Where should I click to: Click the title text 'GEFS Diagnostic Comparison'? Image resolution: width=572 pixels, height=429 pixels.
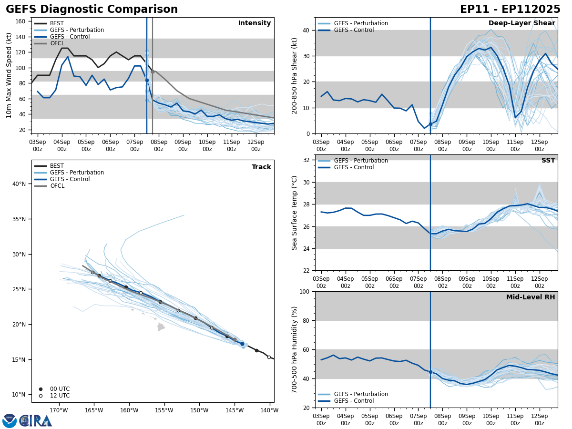92,10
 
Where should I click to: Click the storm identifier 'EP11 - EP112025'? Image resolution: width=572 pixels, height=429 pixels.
510,10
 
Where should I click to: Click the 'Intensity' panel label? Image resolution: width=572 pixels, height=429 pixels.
255,23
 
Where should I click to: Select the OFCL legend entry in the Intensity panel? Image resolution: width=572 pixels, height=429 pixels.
57,43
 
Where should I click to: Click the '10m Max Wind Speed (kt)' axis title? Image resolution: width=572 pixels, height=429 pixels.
9,75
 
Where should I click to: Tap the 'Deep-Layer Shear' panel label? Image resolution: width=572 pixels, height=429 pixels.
521,23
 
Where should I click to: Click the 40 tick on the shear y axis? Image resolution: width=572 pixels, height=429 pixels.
306,30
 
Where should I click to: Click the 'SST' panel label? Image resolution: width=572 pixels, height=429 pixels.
548,161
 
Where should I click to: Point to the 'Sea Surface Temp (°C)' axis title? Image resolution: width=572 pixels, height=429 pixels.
295,213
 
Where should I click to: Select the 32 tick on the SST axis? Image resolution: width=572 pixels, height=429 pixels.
306,160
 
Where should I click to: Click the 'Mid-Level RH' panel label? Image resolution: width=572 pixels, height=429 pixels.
531,297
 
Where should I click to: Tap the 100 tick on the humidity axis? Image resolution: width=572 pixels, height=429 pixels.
304,291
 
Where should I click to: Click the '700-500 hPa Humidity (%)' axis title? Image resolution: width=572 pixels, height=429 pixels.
295,349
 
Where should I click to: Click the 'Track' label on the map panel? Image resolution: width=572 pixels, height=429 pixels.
261,167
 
